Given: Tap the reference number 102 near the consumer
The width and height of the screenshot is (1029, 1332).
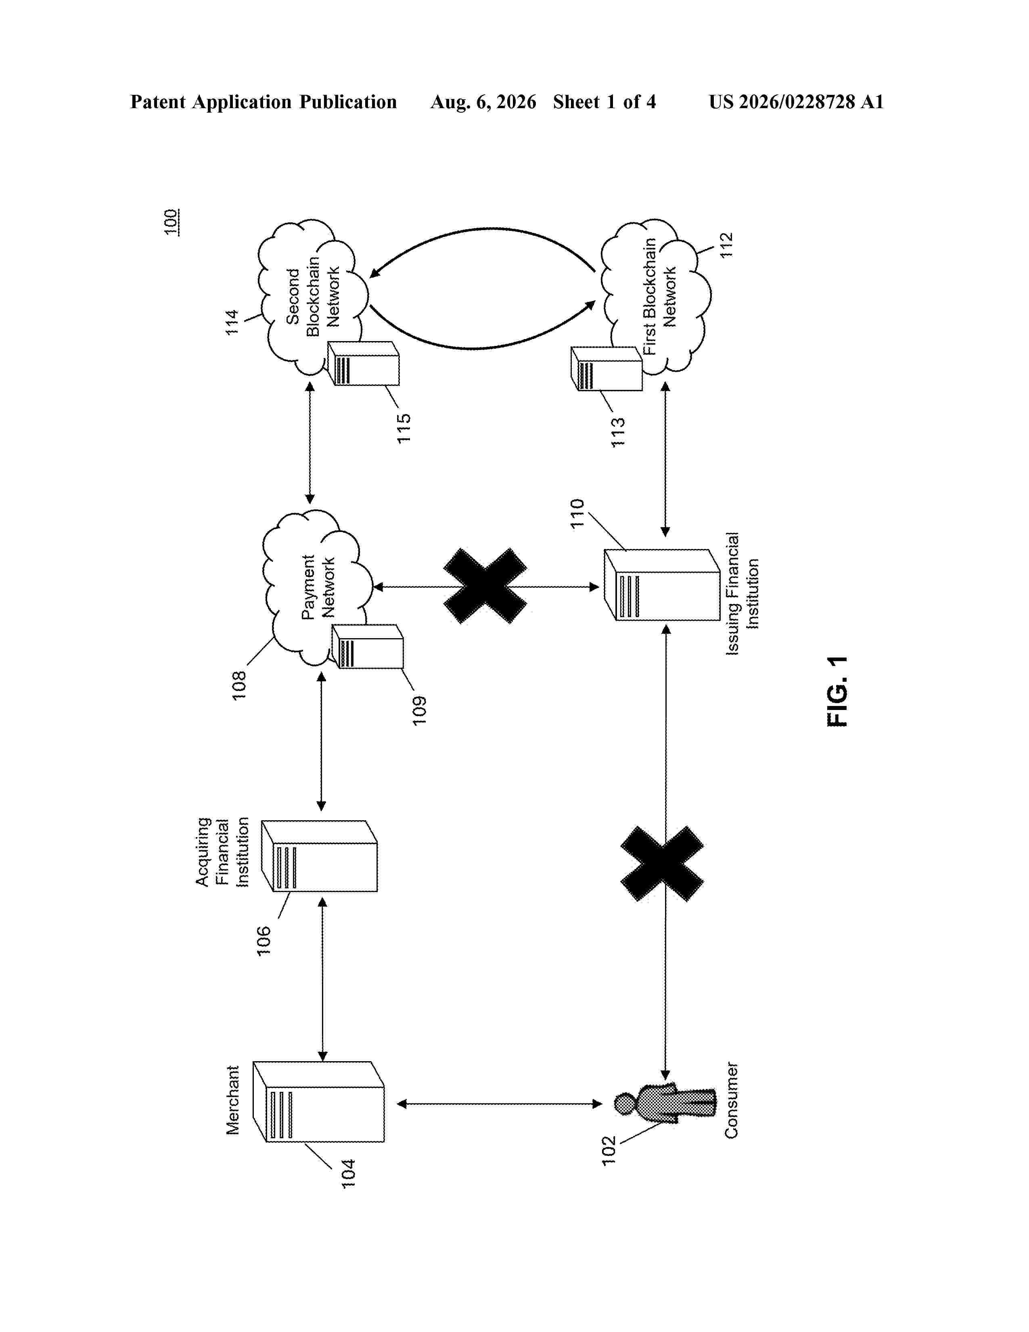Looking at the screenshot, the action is tap(609, 1151).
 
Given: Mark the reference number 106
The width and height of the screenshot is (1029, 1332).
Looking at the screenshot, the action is tap(264, 941).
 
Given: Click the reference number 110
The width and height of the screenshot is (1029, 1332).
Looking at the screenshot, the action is tap(577, 513).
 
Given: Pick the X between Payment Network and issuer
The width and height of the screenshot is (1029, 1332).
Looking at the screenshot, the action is tap(485, 586).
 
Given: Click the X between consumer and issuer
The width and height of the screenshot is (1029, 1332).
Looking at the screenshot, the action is tap(662, 864).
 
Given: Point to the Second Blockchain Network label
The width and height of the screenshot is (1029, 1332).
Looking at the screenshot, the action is tap(312, 297).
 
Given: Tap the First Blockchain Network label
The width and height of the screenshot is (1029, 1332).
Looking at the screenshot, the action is tap(660, 296).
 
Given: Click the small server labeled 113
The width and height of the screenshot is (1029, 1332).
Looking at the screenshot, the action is tap(607, 369).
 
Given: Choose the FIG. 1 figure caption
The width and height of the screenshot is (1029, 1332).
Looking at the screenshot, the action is tap(837, 691).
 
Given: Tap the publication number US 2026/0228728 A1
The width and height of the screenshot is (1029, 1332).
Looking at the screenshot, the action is tap(796, 102).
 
